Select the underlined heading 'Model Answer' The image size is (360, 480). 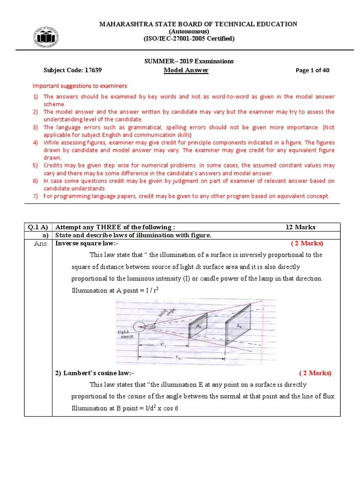[186, 70]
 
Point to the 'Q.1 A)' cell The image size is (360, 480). [39, 227]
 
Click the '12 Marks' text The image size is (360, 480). [300, 227]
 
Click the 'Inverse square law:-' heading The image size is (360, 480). [87, 243]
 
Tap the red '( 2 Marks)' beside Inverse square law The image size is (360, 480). [307, 243]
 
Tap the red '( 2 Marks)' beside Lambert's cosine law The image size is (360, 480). [315, 373]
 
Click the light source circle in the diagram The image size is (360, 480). [140, 327]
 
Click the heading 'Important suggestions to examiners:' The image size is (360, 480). [80, 86]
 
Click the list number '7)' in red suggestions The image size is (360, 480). [35, 196]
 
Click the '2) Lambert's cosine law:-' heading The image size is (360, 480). [95, 373]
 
